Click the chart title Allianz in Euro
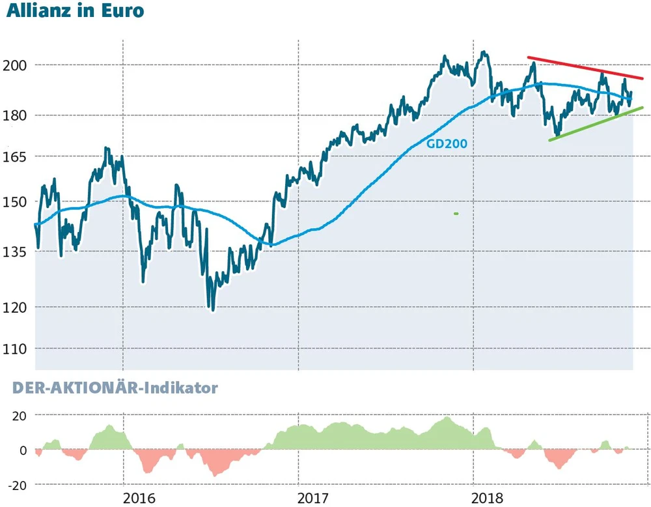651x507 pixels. click(74, 12)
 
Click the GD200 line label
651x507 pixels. click(447, 144)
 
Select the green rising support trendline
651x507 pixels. click(596, 124)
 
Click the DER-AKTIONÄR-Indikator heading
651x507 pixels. click(115, 388)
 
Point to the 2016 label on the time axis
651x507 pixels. click(140, 498)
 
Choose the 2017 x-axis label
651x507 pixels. click(314, 498)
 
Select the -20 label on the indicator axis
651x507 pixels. click(18, 485)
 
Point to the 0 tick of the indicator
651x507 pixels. click(23, 450)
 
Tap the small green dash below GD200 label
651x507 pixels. click(456, 214)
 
